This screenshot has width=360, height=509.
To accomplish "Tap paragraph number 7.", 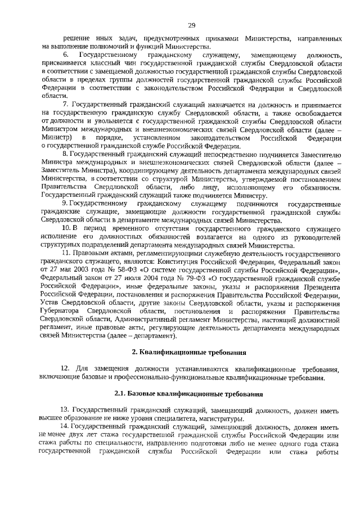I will coord(65,105).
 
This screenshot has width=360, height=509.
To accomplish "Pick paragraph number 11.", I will coord(67,254).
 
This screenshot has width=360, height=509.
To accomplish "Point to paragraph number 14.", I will coord(66,427).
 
